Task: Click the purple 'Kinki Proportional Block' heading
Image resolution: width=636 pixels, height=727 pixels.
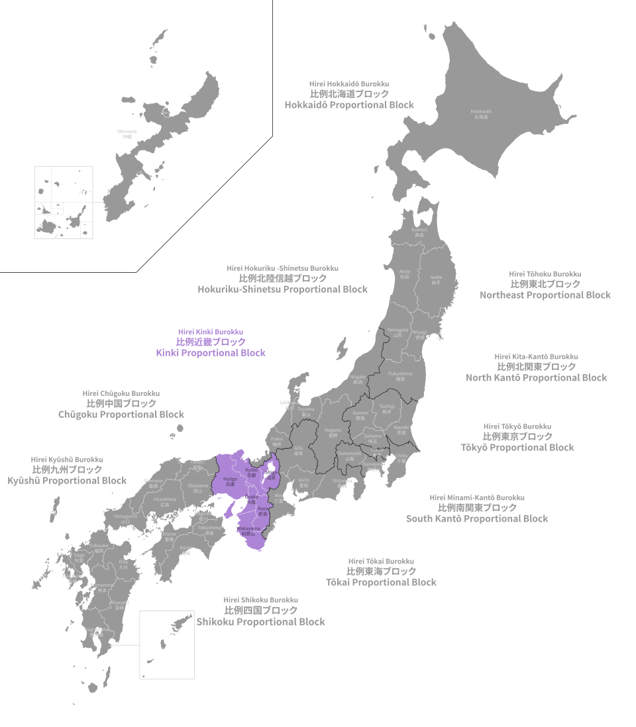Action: [x=211, y=353]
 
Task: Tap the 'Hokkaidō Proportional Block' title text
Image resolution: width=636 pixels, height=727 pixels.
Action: [x=349, y=105]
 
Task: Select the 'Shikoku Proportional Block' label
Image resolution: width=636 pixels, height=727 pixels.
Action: [x=260, y=622]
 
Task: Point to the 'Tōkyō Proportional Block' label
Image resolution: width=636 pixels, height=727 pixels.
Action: [x=517, y=447]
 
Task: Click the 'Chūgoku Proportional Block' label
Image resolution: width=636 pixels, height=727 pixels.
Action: [x=121, y=414]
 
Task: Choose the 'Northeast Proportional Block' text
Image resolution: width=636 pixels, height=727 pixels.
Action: [x=545, y=295]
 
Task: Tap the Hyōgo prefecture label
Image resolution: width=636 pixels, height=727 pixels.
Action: [x=230, y=481]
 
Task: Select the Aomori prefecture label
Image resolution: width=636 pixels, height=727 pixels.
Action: [x=419, y=232]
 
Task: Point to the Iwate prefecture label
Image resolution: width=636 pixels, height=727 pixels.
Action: [x=436, y=279]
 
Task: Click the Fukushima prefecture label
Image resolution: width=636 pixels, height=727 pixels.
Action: [x=400, y=375]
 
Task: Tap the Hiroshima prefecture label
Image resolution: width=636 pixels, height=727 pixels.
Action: [x=165, y=501]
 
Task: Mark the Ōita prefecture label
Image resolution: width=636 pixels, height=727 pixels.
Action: [x=123, y=563]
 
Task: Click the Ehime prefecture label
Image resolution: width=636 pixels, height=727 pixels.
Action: [x=168, y=536]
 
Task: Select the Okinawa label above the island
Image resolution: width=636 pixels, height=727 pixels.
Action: [x=127, y=133]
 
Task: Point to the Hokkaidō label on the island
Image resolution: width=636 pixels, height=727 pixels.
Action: [x=481, y=113]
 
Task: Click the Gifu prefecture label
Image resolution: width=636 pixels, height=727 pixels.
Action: [x=298, y=450]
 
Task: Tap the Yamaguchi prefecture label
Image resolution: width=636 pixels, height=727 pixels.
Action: [x=125, y=518]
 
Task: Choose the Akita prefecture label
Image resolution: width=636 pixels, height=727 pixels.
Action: [x=405, y=273]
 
